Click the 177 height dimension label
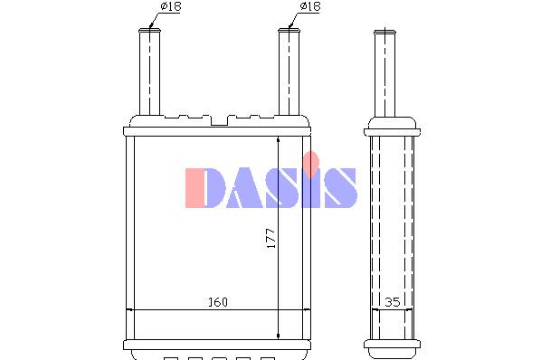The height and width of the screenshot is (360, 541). click(x=271, y=238)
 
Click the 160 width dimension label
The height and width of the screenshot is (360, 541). click(x=218, y=302)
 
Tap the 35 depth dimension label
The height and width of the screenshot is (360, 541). click(x=393, y=302)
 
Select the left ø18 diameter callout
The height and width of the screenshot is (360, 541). click(x=171, y=6)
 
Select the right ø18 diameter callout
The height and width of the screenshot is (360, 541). click(x=310, y=6)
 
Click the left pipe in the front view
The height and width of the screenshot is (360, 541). click(x=149, y=71)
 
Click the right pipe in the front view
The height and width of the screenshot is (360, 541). click(x=289, y=71)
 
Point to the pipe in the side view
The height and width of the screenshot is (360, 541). click(x=384, y=73)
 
